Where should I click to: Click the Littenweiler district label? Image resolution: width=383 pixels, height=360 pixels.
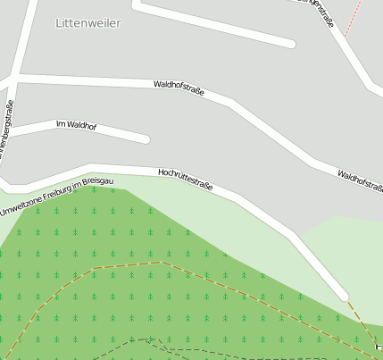click(x=87, y=23)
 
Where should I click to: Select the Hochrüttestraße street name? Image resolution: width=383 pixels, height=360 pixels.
click(x=185, y=179)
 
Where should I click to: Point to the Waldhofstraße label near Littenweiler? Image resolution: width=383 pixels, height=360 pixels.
click(x=179, y=88)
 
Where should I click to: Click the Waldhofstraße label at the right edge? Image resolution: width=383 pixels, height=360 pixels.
click(x=361, y=181)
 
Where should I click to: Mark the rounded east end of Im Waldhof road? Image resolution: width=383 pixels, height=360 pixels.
click(x=145, y=139)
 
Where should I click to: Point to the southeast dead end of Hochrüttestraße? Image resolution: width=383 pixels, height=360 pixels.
click(x=343, y=295)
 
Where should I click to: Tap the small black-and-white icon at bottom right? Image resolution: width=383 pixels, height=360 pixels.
click(x=379, y=345)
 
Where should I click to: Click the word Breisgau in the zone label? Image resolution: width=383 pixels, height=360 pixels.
click(x=99, y=182)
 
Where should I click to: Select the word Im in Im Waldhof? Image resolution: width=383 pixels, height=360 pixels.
click(x=59, y=123)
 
